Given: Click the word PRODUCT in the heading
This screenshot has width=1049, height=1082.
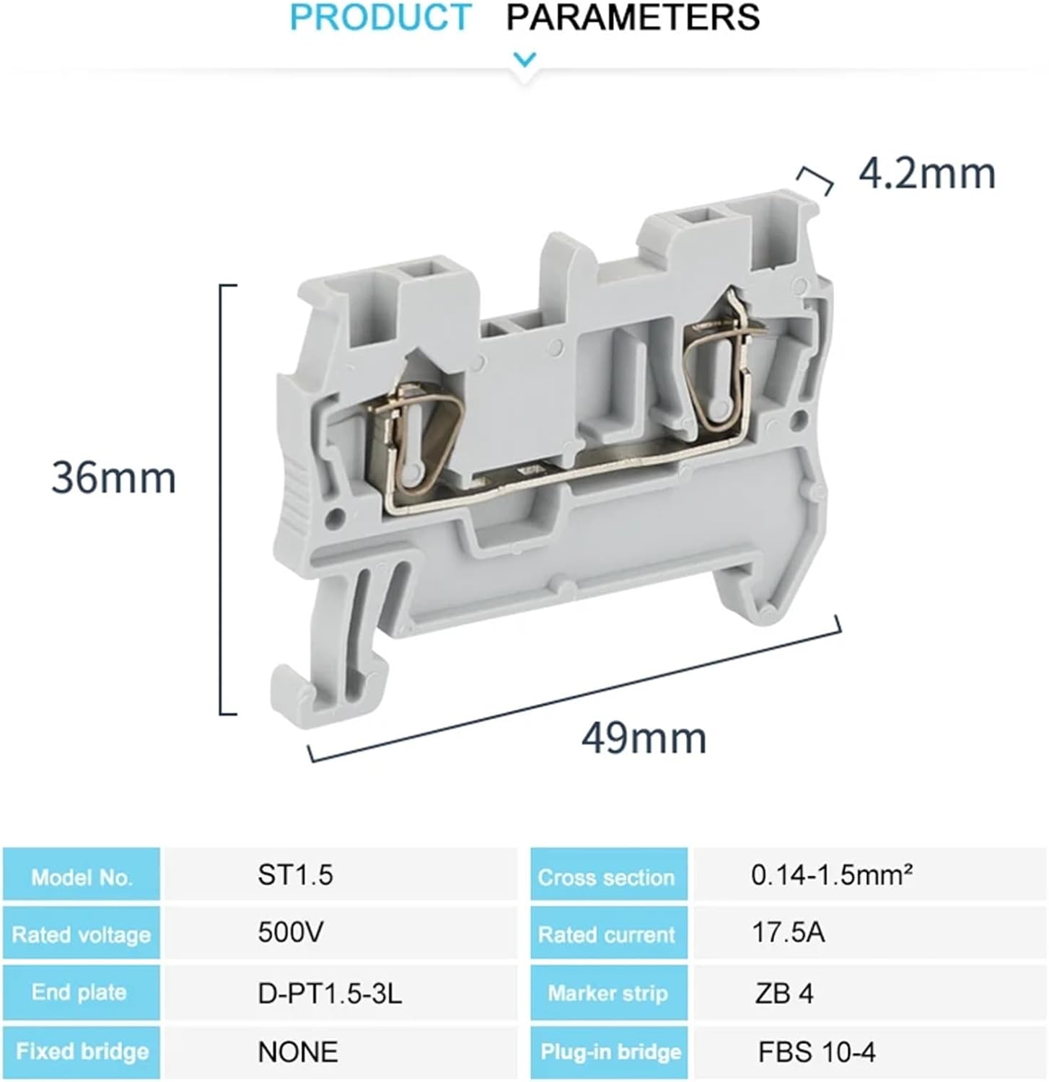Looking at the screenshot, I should point(380,17).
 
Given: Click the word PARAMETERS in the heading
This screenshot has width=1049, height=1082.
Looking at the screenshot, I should point(633,17).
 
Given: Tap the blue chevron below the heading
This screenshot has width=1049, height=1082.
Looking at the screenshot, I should point(524,59).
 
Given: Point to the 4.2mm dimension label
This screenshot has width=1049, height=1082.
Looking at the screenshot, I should point(927,174).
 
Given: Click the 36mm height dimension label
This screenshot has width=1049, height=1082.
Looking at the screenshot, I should point(113,478).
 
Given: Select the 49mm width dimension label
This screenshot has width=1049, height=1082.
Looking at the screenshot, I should point(644,738).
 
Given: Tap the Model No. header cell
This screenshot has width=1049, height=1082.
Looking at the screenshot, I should point(82,876).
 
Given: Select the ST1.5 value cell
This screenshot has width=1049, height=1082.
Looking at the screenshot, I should point(296,875).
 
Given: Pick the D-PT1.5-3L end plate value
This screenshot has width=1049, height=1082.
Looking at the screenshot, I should point(330,993).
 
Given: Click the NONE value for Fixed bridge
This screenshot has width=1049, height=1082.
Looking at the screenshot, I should point(297,1052).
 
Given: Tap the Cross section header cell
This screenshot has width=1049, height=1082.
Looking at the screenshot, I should point(607,876).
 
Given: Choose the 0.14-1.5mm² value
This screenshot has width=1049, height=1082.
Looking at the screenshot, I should point(832,875).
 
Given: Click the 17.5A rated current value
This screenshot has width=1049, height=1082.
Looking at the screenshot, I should point(788,933).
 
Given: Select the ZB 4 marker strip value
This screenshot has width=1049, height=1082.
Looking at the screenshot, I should point(784,993).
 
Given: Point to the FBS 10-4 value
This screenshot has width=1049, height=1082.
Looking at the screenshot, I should point(817,1052).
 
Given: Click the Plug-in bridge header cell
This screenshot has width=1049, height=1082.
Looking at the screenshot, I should point(610,1052).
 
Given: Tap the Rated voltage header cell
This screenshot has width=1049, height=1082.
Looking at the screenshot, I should point(82,935).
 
